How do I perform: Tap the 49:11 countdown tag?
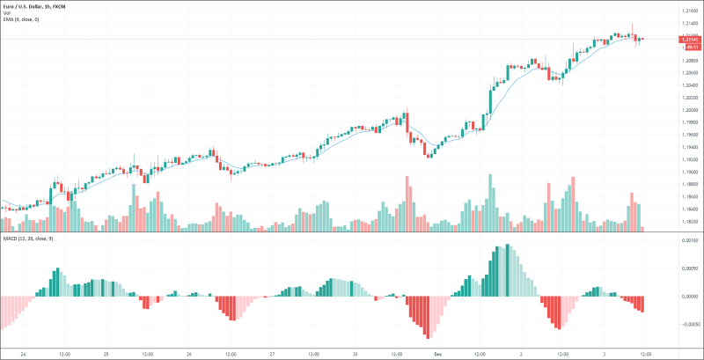tap(691, 47)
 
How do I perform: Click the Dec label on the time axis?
tap(437, 354)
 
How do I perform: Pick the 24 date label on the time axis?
tap(21, 354)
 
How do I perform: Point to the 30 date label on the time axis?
tap(354, 354)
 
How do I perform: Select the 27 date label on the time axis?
tap(271, 354)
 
